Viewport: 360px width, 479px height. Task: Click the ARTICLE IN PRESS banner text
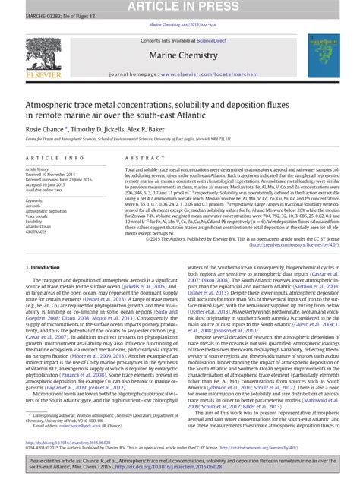click(x=180, y=7)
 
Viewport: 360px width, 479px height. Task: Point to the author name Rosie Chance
click(x=48, y=130)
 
